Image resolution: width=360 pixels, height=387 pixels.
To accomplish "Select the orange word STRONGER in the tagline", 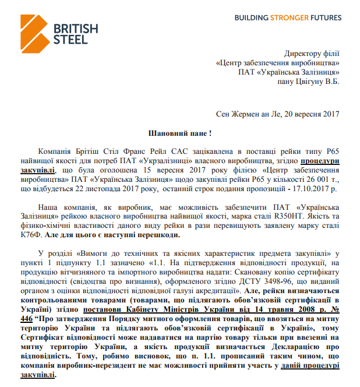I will pos(290,18).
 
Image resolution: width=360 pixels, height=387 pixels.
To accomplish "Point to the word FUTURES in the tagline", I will pos(326,18).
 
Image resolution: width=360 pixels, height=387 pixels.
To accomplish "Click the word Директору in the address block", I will pos(299,52).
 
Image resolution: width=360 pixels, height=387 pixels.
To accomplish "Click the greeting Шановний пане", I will pos(174,133).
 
